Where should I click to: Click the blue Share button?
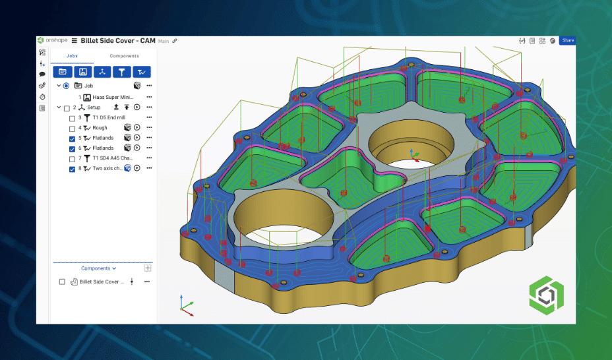pyautogui.click(x=567, y=41)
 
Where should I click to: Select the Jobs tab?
pyautogui.click(x=72, y=56)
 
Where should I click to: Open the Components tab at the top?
pyautogui.click(x=124, y=56)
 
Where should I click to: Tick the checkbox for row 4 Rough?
pyautogui.click(x=73, y=128)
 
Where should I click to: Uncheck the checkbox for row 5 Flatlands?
pyautogui.click(x=73, y=138)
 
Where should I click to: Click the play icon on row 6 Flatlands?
pyautogui.click(x=137, y=148)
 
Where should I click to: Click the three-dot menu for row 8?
pyautogui.click(x=149, y=169)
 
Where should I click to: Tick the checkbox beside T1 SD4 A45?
pyautogui.click(x=73, y=159)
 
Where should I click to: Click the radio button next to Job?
pyautogui.click(x=66, y=86)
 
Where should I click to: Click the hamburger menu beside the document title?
pyautogui.click(x=75, y=41)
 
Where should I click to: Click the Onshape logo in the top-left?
pyautogui.click(x=53, y=41)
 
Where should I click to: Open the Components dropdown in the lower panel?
pyautogui.click(x=98, y=268)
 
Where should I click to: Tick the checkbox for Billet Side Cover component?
pyautogui.click(x=62, y=282)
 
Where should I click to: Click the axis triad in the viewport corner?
pyautogui.click(x=186, y=303)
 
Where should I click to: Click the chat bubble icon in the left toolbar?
pyautogui.click(x=42, y=75)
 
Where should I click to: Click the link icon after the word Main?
pyautogui.click(x=175, y=41)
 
